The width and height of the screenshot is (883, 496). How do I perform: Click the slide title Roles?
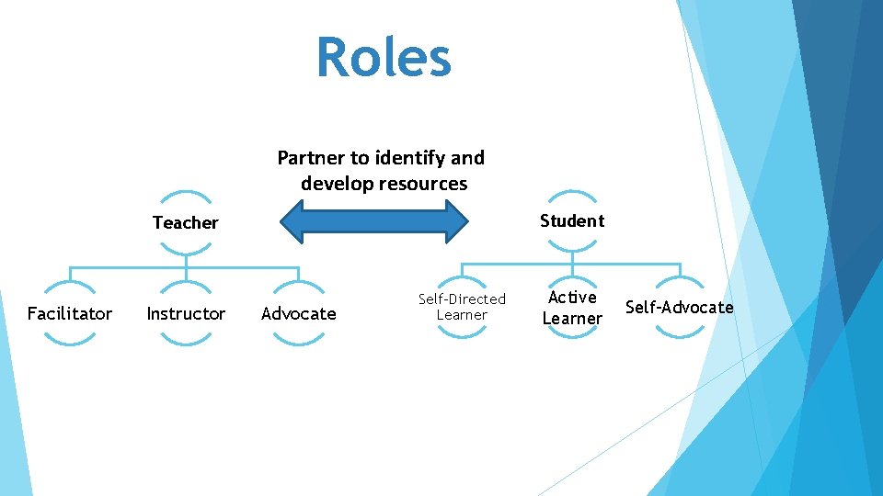pos(384,57)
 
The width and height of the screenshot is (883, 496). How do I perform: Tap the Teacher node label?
pos(186,222)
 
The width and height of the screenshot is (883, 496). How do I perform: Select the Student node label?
pos(572,220)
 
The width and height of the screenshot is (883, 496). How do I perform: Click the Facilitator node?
pos(69,313)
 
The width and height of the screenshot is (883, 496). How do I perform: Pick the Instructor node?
pos(186,313)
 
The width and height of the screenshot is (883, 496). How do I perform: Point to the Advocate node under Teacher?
pos(299,313)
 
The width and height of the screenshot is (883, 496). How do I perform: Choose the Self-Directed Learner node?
pos(462,307)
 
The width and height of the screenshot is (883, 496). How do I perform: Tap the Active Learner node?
pos(572,308)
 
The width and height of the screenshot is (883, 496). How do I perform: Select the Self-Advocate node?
pos(680,307)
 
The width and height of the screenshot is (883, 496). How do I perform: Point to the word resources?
pos(426,184)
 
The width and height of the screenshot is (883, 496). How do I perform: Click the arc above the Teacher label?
pos(186,195)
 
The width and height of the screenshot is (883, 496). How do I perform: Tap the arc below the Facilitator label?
pos(69,342)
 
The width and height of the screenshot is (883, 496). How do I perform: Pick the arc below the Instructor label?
pos(186,342)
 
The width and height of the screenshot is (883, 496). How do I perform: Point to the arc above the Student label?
pos(572,194)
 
